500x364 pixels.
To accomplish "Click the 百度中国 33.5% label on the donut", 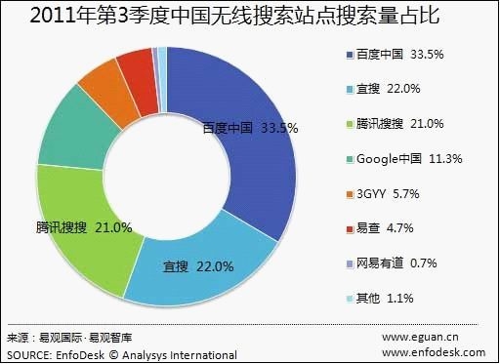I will click(249, 128).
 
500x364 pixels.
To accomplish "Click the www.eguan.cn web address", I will click(422, 338).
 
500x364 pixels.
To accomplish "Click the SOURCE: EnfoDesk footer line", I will click(121, 352).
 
